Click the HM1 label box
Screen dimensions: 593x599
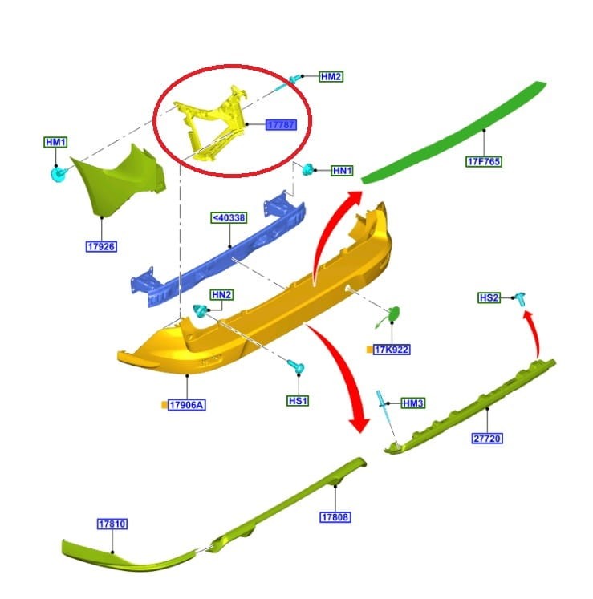tap(56, 142)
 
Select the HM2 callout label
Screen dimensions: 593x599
tap(331, 77)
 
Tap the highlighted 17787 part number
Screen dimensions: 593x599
tap(281, 124)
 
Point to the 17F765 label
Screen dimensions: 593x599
tap(484, 162)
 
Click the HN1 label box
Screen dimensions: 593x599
tap(342, 170)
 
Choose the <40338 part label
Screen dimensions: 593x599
tap(229, 218)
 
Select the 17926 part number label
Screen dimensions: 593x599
tap(101, 246)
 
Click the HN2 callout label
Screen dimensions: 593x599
tap(221, 295)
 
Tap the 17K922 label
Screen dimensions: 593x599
tap(392, 350)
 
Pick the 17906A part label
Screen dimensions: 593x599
tap(187, 405)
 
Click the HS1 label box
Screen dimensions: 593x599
tap(298, 401)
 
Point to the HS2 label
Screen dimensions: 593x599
tap(489, 297)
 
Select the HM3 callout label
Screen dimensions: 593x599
tap(413, 403)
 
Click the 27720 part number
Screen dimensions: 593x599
tap(487, 438)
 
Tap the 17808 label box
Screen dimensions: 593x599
tap(335, 517)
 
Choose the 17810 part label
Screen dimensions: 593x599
tap(112, 524)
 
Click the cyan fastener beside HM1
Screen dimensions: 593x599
tap(58, 174)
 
